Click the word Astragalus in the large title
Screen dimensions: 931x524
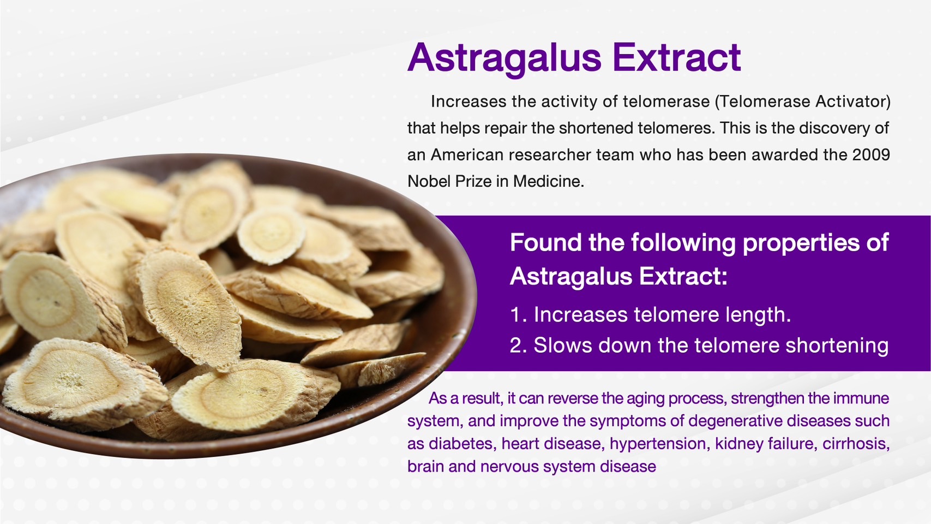(504, 58)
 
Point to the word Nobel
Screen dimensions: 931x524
(429, 181)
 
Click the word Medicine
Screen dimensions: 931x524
(549, 181)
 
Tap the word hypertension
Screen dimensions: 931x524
(658, 444)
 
